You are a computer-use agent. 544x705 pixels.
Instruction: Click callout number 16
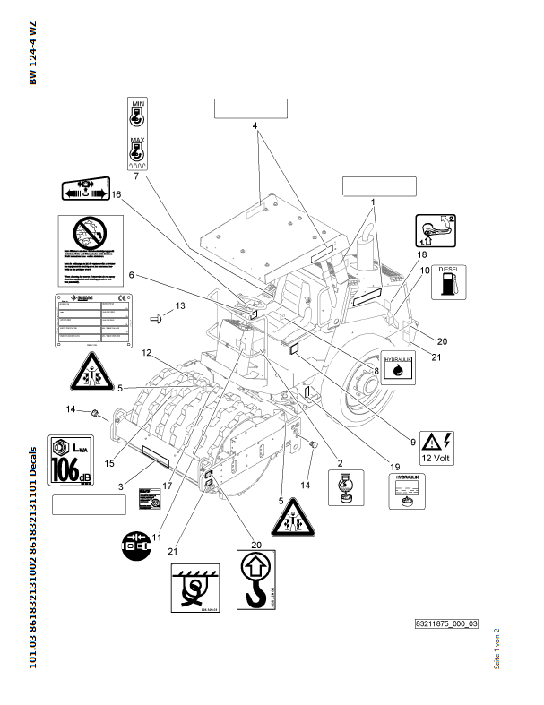115,194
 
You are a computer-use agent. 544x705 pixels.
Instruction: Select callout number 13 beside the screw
180,306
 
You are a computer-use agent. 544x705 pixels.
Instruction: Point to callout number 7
136,176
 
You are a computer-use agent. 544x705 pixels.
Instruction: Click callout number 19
393,465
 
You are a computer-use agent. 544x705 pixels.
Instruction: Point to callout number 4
255,126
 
